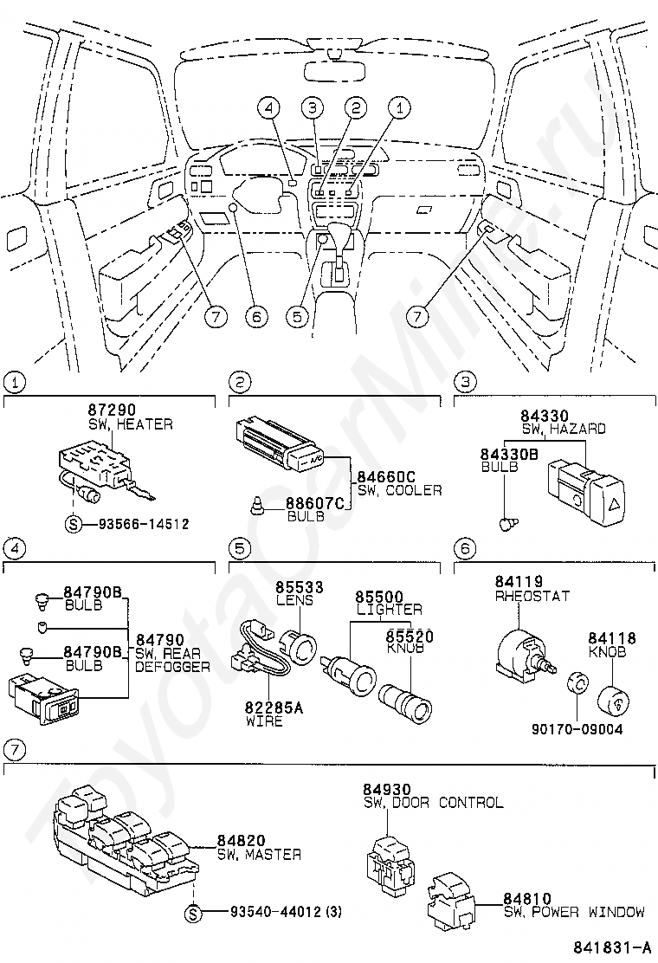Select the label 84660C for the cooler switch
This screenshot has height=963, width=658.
[x=384, y=476]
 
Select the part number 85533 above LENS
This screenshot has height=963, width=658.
[x=300, y=587]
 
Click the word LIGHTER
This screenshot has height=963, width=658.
[x=390, y=610]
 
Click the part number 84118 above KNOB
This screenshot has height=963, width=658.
[x=612, y=638]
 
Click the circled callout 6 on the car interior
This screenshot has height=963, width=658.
[x=255, y=317]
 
